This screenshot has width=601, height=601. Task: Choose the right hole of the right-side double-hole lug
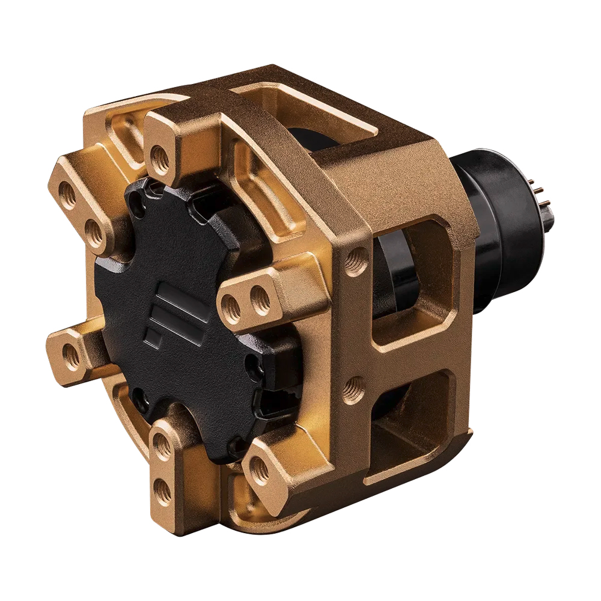click(260, 297)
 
